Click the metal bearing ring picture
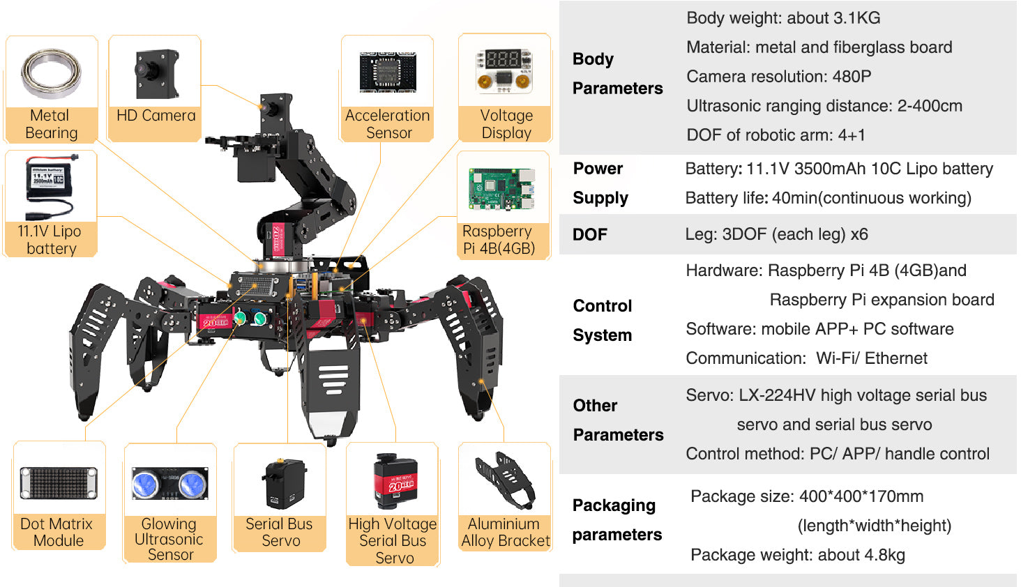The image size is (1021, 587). (51, 73)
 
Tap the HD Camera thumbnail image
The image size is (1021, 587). (156, 73)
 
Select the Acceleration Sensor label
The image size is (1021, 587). (387, 124)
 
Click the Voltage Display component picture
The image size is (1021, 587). (504, 70)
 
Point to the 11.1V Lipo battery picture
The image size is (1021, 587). (51, 185)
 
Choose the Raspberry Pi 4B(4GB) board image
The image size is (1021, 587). (502, 188)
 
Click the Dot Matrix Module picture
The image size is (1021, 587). (59, 483)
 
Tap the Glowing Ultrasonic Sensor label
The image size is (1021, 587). (169, 539)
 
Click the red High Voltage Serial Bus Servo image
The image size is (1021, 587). (395, 481)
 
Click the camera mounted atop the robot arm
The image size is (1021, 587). (271, 109)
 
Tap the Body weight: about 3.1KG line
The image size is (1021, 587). (783, 18)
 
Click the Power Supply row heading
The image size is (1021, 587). (600, 183)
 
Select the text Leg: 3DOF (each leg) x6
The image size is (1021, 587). (776, 234)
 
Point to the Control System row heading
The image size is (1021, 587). (603, 321)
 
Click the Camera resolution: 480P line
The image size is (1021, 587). (778, 77)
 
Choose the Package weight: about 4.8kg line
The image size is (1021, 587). (797, 555)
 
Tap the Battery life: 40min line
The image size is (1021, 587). (828, 198)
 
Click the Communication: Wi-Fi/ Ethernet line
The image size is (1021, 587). (806, 358)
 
